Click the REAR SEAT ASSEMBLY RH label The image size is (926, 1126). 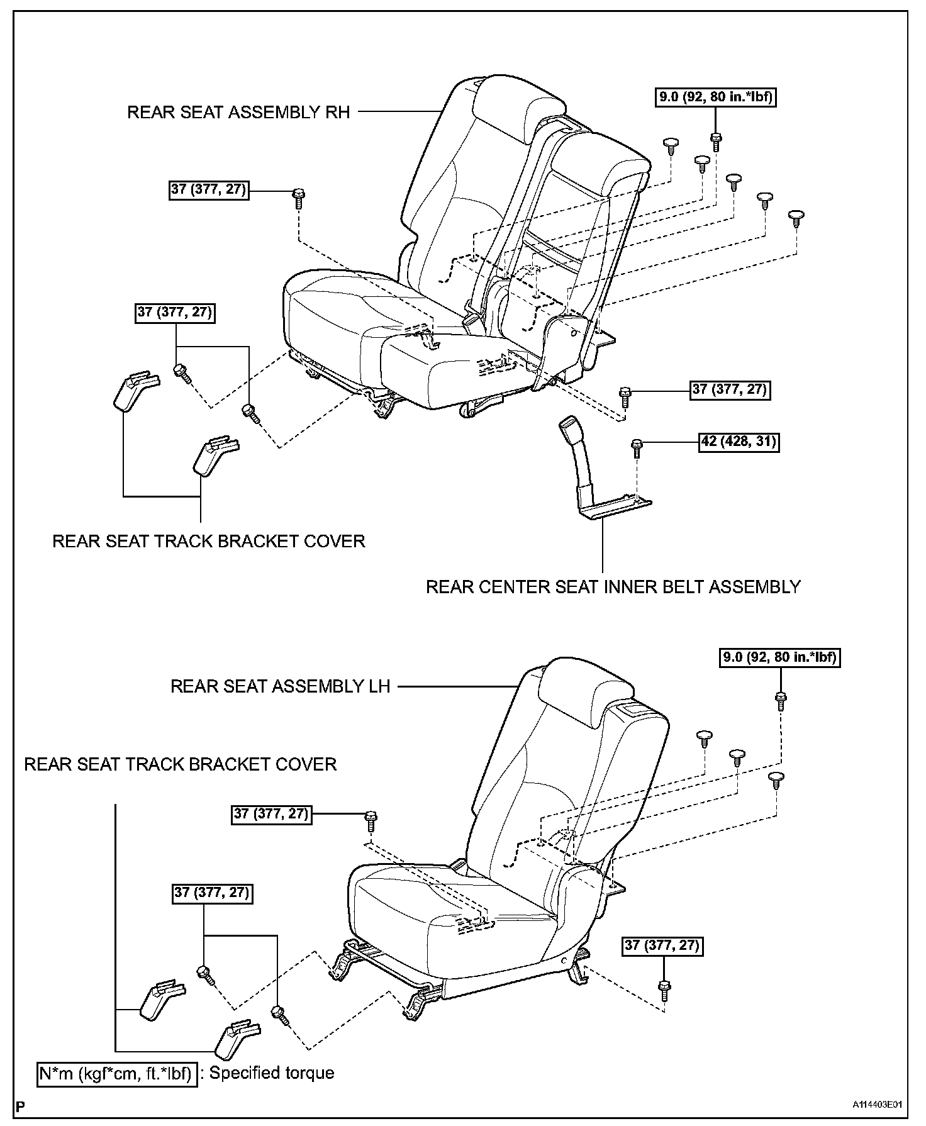tap(238, 113)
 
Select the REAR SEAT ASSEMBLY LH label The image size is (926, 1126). tap(281, 686)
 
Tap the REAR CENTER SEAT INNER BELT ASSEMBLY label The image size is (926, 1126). tap(613, 587)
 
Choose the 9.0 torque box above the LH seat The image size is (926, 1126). tap(779, 658)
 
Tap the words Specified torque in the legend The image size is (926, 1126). tap(272, 1073)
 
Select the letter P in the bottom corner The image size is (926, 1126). tap(23, 1105)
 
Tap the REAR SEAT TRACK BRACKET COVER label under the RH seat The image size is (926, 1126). tap(208, 542)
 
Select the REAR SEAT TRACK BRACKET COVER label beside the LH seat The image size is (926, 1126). tap(181, 764)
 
